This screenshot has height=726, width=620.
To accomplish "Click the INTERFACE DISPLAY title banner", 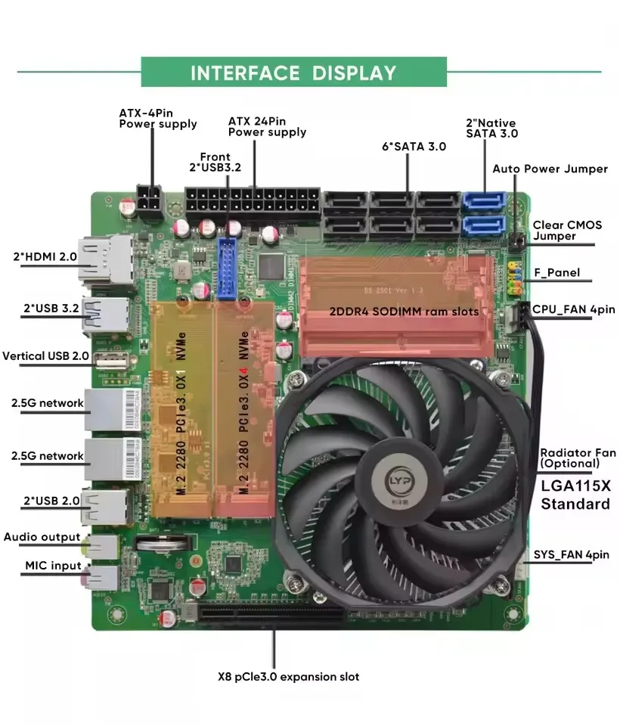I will tap(293, 73).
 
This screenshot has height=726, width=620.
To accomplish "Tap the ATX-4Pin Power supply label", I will tap(157, 118).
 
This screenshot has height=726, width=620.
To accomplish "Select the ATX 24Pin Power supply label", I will tap(267, 126).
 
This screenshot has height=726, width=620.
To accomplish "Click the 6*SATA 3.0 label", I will tap(414, 146).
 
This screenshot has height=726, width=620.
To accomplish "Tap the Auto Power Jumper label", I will tap(550, 169).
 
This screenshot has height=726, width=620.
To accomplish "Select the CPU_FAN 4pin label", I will tap(573, 309).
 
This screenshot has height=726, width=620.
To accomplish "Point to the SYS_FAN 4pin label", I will tap(571, 554).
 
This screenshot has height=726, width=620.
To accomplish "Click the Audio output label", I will tap(42, 537).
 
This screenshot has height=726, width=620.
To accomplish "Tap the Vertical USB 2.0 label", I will tap(45, 355).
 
